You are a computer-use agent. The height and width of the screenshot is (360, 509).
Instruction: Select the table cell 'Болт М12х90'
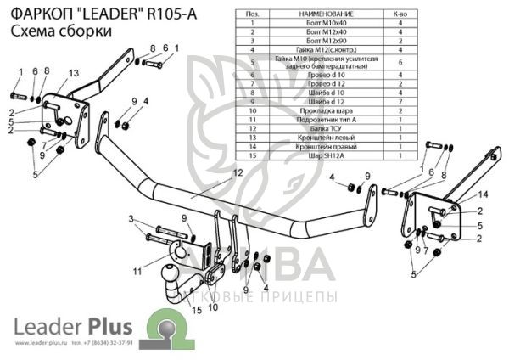(x=319, y=41)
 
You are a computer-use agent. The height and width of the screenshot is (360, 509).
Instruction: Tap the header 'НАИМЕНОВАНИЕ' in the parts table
(x=319, y=15)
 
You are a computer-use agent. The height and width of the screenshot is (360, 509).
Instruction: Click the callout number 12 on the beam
(x=238, y=172)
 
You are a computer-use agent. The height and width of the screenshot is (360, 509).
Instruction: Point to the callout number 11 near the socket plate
(x=137, y=271)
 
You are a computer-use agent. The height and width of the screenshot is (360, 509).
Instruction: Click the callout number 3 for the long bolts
(x=131, y=219)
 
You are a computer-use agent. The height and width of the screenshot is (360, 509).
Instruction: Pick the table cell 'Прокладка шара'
(x=319, y=110)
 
